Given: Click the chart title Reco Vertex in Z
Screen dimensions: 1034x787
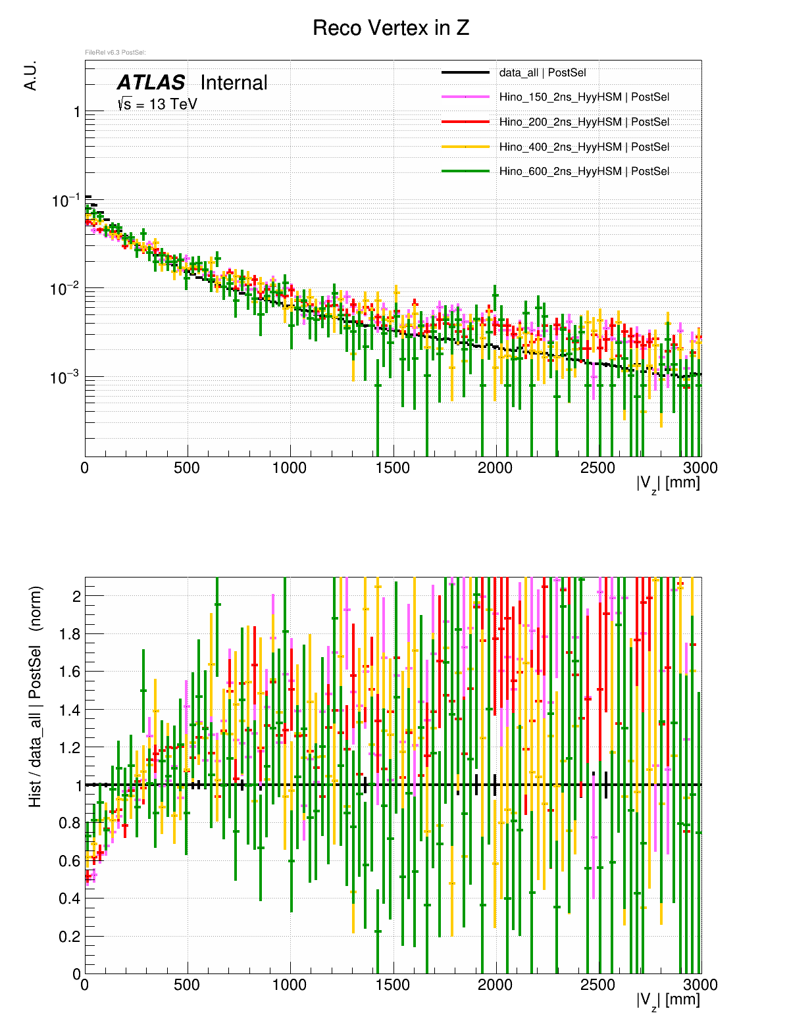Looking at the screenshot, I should point(391,28).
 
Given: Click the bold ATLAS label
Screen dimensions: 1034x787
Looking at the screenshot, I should point(151,83).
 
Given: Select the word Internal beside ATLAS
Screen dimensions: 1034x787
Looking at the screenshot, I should point(234,83).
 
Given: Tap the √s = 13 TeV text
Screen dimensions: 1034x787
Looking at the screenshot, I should point(157,104).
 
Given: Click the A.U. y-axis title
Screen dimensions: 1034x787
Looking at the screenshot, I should point(30,76).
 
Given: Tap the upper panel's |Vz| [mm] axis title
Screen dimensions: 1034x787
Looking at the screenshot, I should point(668,483).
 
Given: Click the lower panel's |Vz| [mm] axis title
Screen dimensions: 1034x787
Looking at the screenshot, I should point(668,1000).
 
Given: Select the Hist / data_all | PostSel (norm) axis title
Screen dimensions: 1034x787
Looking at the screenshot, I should point(35,697).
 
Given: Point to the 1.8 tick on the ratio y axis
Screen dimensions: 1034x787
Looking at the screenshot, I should point(68,634).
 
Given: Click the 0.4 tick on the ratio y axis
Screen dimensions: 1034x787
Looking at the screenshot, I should point(68,899).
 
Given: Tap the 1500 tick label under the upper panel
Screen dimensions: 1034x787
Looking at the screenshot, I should point(392,468).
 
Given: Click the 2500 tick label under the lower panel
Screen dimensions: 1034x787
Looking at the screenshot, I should point(597,985).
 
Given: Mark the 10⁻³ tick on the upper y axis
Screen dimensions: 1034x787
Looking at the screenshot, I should point(64,377).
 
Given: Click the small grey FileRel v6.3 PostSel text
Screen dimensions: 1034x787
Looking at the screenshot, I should point(115,53).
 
